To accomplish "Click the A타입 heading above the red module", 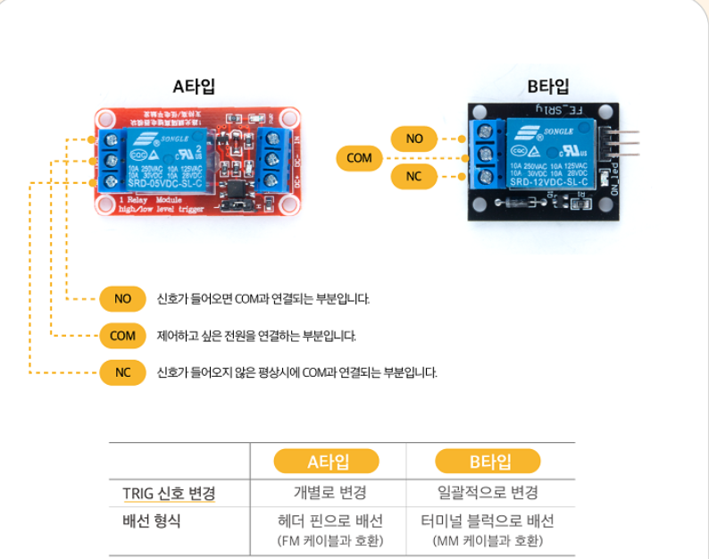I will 194,88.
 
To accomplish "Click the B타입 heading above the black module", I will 548,87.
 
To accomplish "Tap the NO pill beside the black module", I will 414,138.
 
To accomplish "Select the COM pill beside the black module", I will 359,158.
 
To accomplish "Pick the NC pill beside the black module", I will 413,176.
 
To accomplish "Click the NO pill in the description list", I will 123,298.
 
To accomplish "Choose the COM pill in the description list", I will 123,336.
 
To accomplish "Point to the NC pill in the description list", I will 123,372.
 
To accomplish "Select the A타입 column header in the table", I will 328,462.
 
